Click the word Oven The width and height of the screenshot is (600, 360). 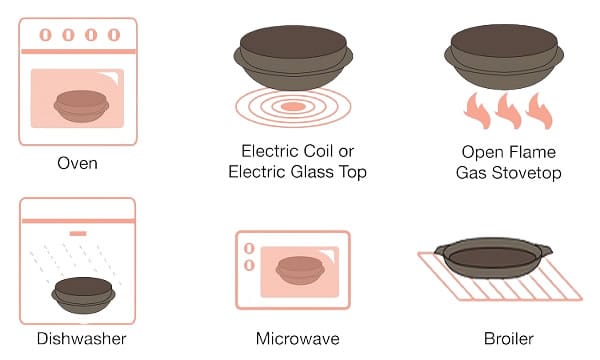tap(77, 163)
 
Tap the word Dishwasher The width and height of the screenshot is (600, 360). tap(82, 339)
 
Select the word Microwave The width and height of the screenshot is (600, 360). tap(298, 339)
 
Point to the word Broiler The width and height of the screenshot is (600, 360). tap(509, 339)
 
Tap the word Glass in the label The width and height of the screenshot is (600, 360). tap(312, 172)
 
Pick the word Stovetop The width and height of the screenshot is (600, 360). tap(527, 173)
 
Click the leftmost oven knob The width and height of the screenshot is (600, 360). tap(45, 35)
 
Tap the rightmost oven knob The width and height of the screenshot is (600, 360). tap(114, 35)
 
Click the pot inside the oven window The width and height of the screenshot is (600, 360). tap(82, 106)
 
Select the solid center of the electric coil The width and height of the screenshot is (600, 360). tap(293, 106)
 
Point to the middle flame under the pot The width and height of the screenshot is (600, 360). tap(508, 110)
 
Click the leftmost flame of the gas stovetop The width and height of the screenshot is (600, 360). tap(477, 110)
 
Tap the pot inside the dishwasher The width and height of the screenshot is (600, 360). tap(83, 295)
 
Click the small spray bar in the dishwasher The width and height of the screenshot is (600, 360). tap(78, 233)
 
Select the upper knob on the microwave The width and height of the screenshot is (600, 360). tap(249, 249)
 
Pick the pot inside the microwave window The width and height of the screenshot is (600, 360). tap(300, 270)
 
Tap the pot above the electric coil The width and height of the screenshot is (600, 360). tap(293, 57)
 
